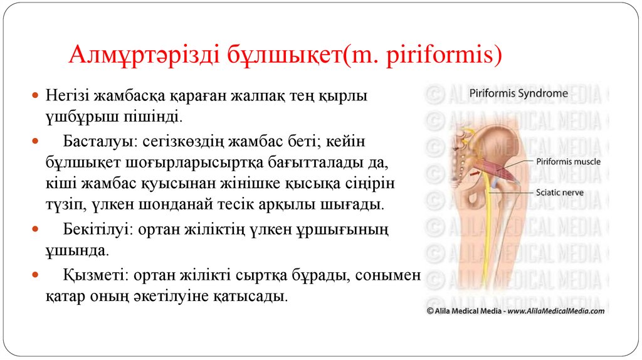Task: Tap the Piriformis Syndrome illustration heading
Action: coord(518,93)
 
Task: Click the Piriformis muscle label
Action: coord(569,161)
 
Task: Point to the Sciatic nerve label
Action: coord(561,193)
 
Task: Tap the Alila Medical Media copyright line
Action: coord(515,310)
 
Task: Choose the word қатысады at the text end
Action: coord(256,296)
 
